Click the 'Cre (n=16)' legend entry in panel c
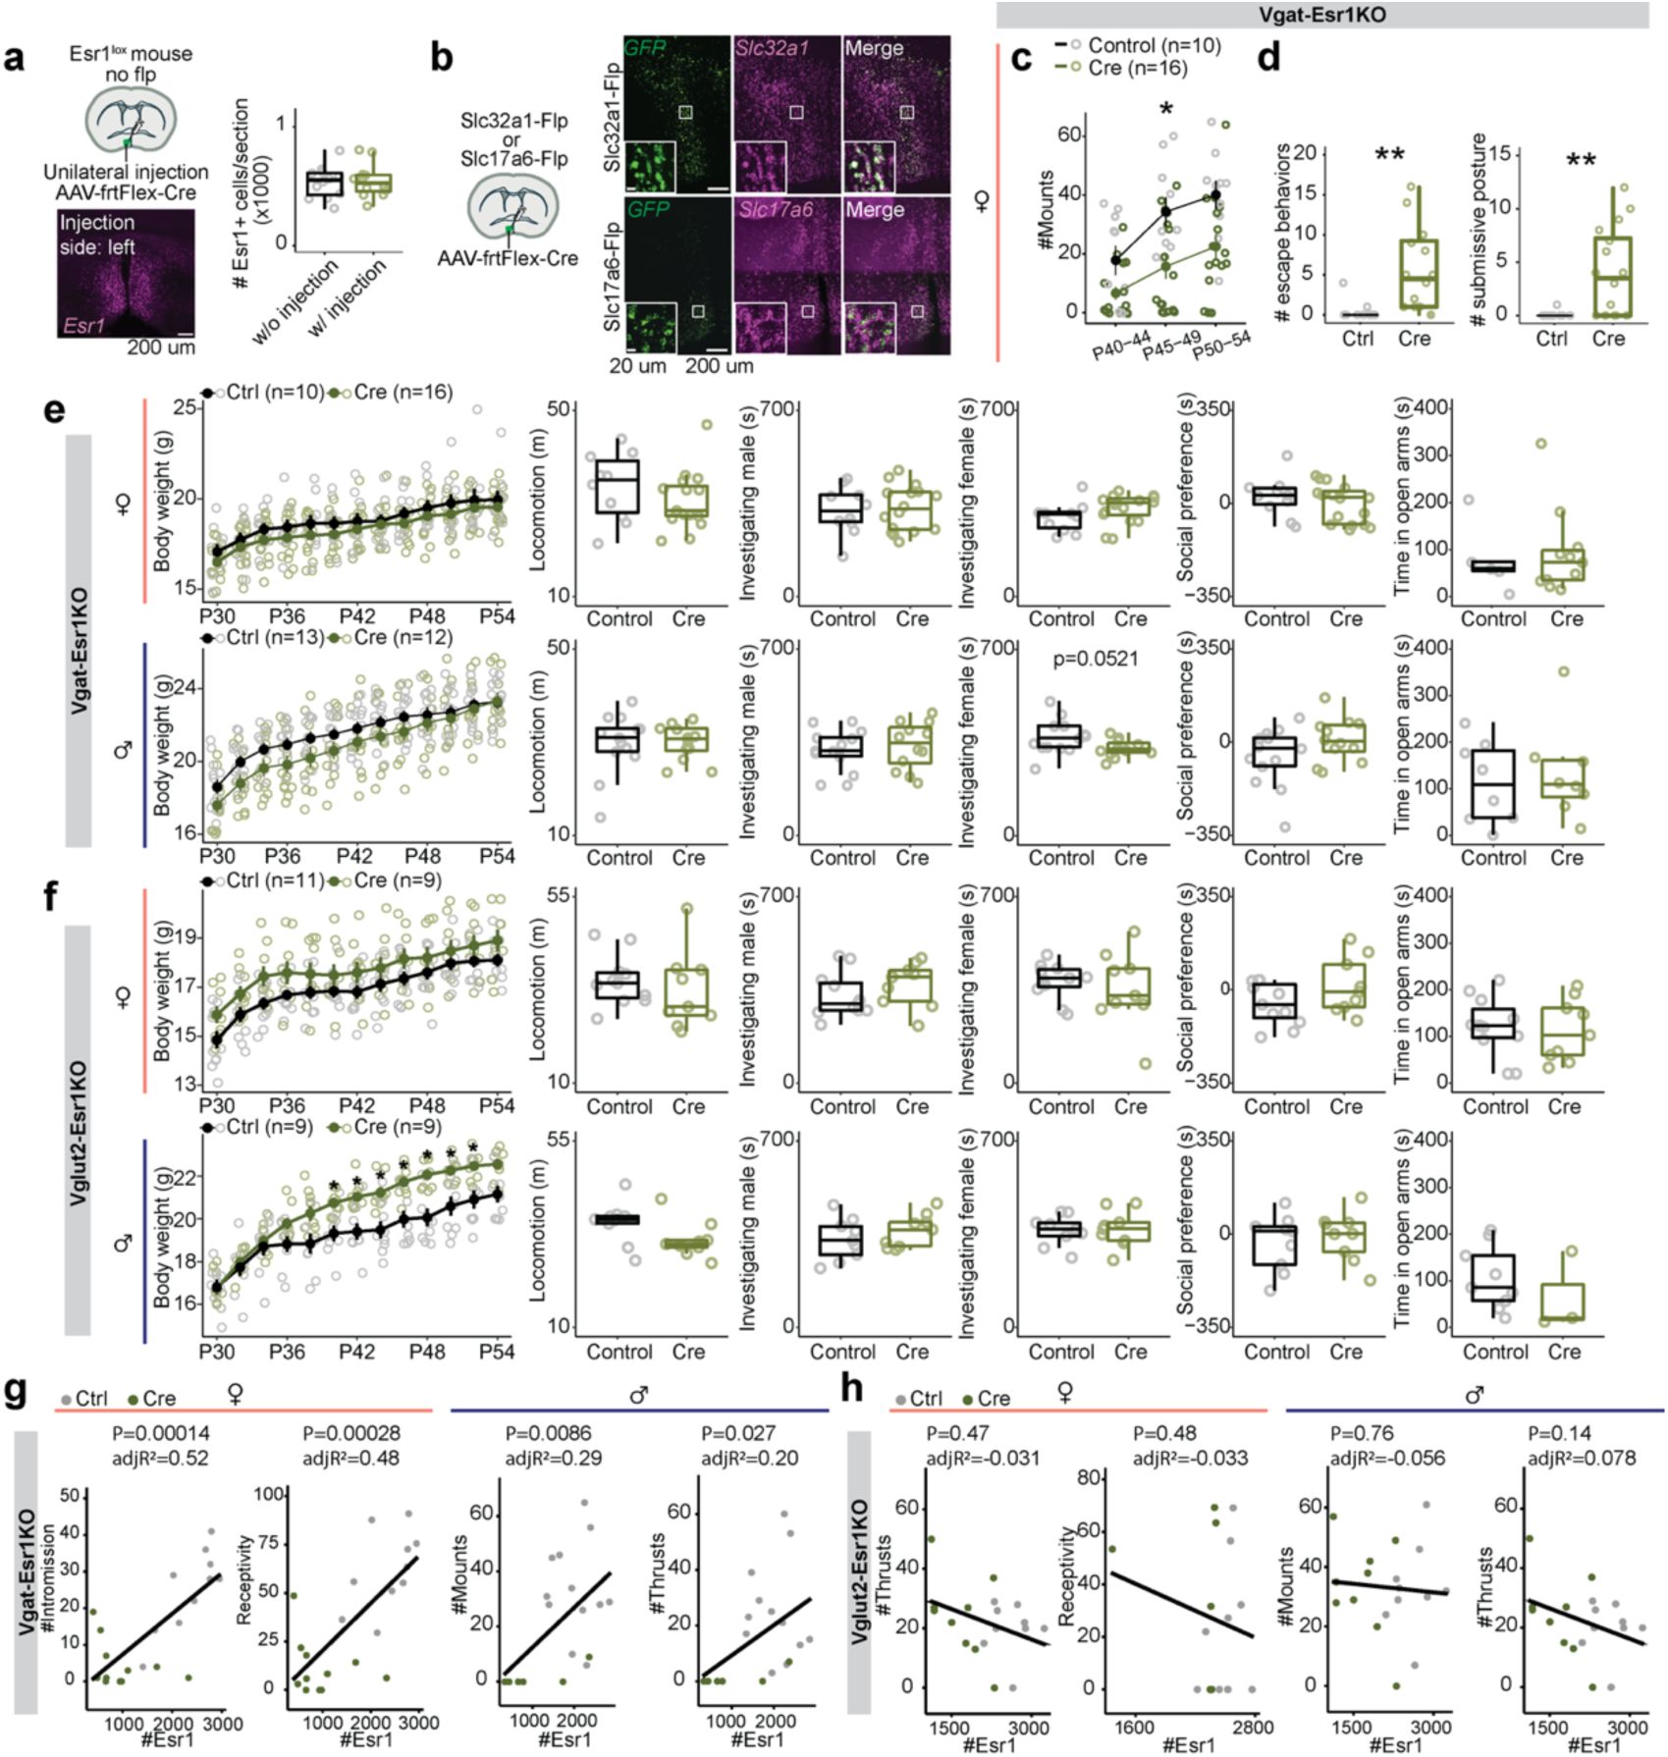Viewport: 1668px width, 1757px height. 1138,68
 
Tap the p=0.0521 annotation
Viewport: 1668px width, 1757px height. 1096,660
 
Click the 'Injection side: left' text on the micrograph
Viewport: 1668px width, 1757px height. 97,235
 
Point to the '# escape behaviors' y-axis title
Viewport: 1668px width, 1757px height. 1281,234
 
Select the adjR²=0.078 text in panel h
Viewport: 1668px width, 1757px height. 1582,1459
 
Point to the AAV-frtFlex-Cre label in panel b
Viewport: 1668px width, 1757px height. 508,258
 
